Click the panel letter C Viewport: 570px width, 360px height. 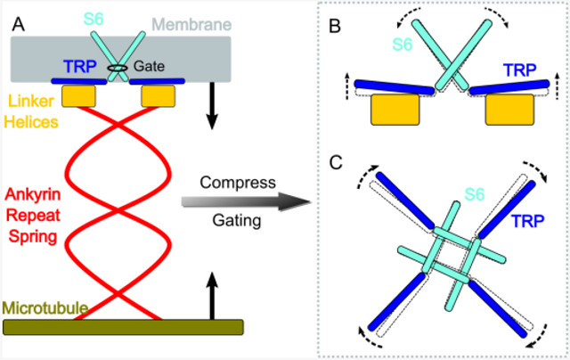coord(336,166)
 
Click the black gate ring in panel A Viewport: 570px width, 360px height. coord(117,69)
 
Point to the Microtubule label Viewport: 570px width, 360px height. coord(45,308)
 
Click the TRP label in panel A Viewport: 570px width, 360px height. coord(79,65)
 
